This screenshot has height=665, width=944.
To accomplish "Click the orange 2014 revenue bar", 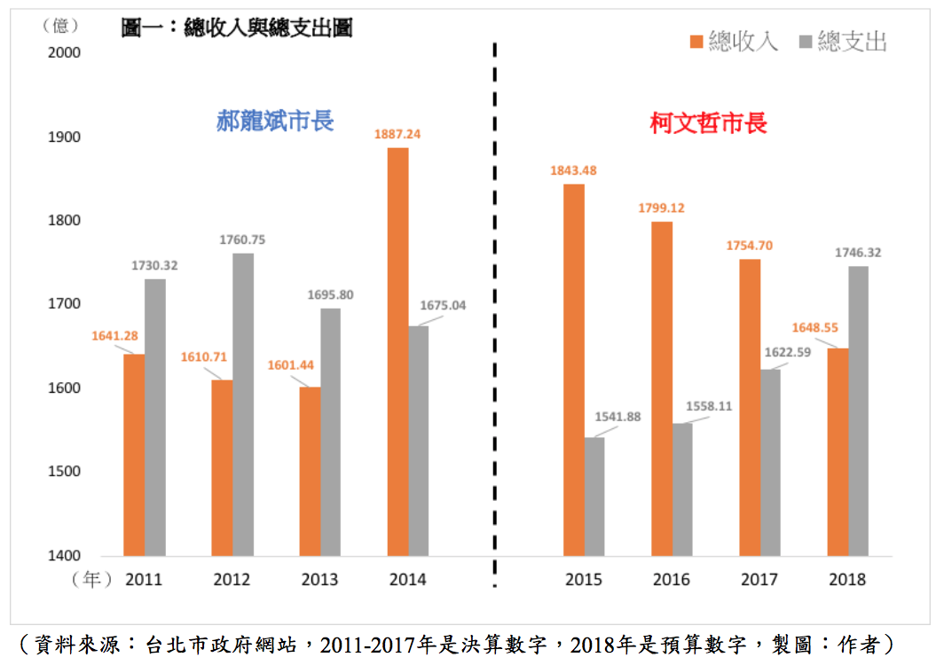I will pyautogui.click(x=397, y=352).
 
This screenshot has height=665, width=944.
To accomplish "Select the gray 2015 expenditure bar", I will pyautogui.click(x=594, y=497).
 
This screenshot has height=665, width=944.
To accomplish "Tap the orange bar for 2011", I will pyautogui.click(x=134, y=455).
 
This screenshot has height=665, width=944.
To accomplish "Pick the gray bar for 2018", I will pyautogui.click(x=859, y=411).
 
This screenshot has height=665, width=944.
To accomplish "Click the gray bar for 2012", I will pyautogui.click(x=243, y=404).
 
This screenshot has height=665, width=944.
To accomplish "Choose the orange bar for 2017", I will pyautogui.click(x=750, y=407).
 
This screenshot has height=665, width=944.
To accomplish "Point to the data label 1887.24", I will pyautogui.click(x=397, y=134).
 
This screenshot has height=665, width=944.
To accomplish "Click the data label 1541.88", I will pyautogui.click(x=617, y=417).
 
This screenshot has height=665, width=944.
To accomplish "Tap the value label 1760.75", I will pyautogui.click(x=242, y=239).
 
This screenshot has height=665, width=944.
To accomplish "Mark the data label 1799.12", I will pyautogui.click(x=661, y=208).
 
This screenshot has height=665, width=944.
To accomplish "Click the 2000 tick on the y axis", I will pyautogui.click(x=63, y=52).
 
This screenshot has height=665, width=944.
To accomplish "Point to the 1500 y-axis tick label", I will pyautogui.click(x=63, y=472).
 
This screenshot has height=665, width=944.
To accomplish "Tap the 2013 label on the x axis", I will pyautogui.click(x=319, y=580).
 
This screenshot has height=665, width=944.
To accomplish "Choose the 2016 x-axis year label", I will pyautogui.click(x=672, y=580).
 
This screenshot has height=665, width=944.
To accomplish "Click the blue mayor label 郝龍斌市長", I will pyautogui.click(x=275, y=121).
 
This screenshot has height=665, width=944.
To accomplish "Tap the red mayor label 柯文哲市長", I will pyautogui.click(x=708, y=123).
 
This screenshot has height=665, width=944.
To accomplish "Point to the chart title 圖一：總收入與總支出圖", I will pyautogui.click(x=237, y=28).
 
